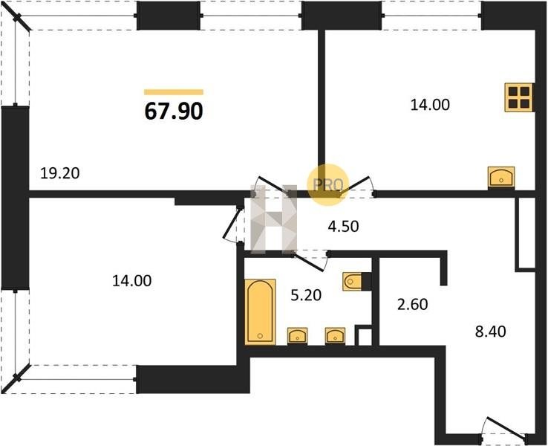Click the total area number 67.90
tap(174, 111)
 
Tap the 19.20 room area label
tap(60, 173)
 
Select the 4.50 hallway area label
tap(343, 226)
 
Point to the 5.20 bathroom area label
tap(306, 295)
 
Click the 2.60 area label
tap(413, 304)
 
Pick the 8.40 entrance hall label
tap(490, 332)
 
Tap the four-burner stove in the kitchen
tap(519, 97)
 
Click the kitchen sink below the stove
tap(501, 178)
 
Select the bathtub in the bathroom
tap(260, 311)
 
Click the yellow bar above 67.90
tap(174, 92)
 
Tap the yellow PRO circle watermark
tap(327, 184)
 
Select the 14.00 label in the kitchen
tap(430, 105)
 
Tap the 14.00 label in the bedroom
tap(131, 281)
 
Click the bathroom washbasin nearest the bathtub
tap(298, 336)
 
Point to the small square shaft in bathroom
tap(363, 335)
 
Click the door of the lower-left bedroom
tap(232, 224)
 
